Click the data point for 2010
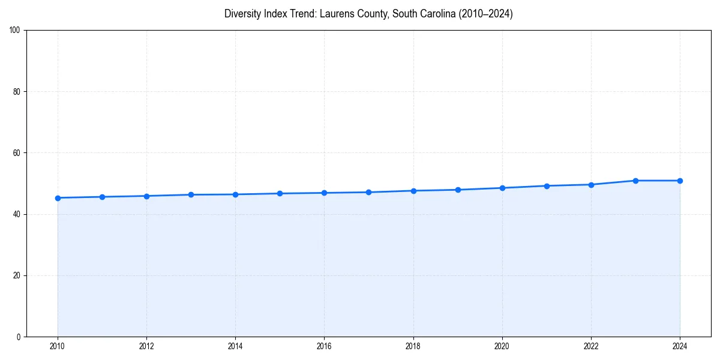click(x=58, y=198)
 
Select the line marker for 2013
click(x=191, y=194)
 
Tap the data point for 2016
click(x=324, y=193)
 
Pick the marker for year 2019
click(x=458, y=190)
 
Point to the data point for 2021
click(x=547, y=186)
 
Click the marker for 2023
click(x=635, y=181)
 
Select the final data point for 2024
click(x=680, y=181)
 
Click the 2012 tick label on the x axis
click(x=146, y=346)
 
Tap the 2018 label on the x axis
click(x=413, y=346)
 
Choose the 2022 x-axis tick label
click(x=591, y=346)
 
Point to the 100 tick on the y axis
click(x=15, y=31)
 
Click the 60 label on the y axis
click(x=17, y=153)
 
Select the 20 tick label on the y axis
click(x=17, y=275)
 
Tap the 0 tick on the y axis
click(x=19, y=337)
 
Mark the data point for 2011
click(x=102, y=197)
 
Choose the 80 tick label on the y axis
click(x=17, y=92)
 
